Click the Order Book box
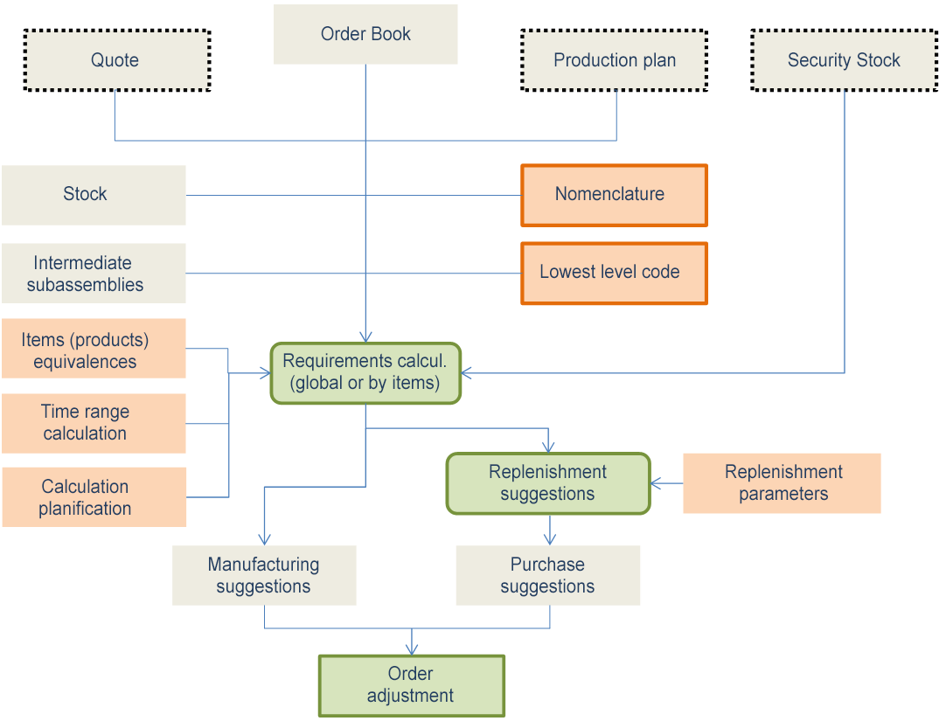(365, 35)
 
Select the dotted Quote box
(117, 60)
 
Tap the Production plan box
(614, 60)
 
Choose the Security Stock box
(843, 60)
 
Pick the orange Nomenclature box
(613, 195)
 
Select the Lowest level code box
(613, 273)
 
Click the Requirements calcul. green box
(365, 373)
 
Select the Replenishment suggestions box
(548, 483)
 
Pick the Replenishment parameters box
(782, 483)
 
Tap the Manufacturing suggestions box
(264, 575)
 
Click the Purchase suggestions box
(548, 575)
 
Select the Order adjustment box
(411, 685)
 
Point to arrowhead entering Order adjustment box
(411, 649)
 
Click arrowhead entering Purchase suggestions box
(549, 539)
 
